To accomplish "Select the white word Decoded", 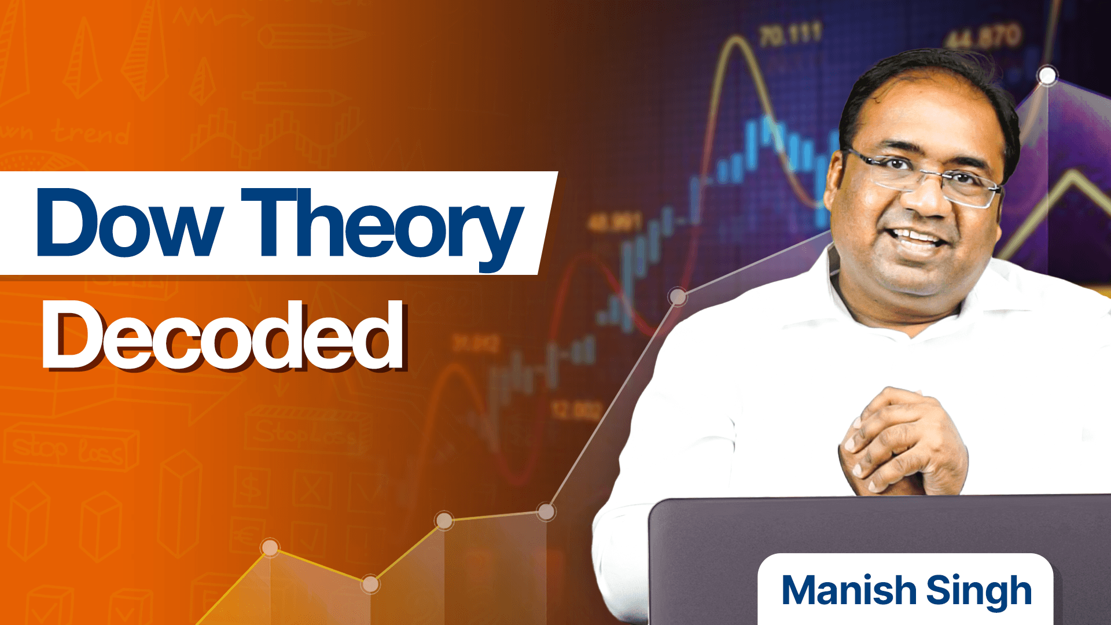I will [223, 336].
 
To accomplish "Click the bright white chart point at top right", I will [1047, 76].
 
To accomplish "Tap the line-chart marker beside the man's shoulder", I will [678, 297].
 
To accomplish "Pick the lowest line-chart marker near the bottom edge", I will [370, 584].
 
